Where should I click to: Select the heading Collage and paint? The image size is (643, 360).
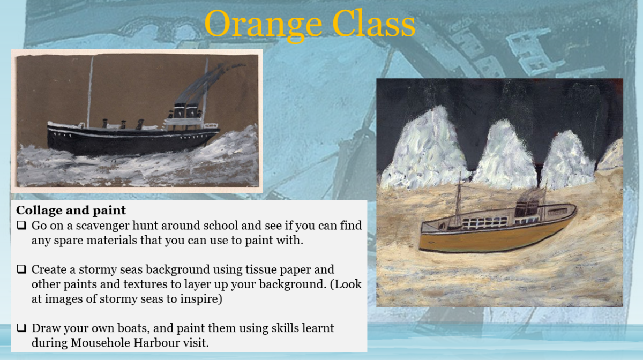click(x=71, y=211)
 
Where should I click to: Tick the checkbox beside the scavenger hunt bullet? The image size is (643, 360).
click(x=21, y=226)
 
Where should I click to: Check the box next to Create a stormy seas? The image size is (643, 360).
click(x=21, y=269)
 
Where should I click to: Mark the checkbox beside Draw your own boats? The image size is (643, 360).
click(x=21, y=328)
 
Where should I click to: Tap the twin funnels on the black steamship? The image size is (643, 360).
click(x=186, y=110)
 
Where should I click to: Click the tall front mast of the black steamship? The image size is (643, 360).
click(x=90, y=92)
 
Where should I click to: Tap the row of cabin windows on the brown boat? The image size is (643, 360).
click(x=485, y=223)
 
